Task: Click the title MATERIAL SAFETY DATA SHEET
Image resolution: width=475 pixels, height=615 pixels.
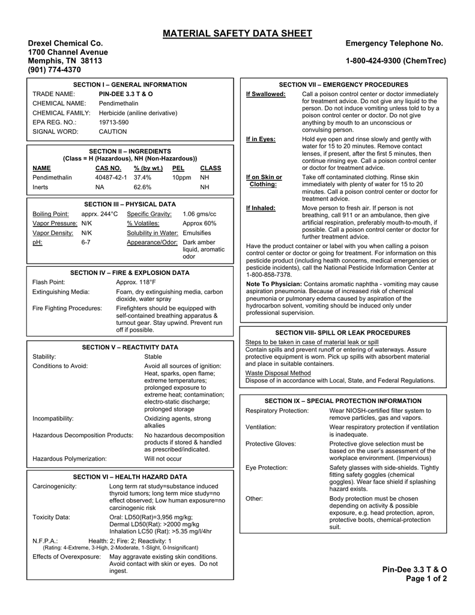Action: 237,34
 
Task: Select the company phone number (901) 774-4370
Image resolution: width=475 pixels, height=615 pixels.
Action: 55,70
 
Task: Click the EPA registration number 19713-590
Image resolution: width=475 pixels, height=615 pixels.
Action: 113,122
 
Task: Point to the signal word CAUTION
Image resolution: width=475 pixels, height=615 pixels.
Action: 113,132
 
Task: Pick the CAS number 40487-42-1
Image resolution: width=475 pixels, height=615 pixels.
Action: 111,178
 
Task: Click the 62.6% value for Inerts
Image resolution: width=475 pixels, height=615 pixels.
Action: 142,187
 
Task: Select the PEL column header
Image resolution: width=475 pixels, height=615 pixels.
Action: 178,168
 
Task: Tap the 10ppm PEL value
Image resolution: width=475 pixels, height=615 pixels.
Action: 181,178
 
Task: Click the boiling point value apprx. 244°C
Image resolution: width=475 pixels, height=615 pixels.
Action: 100,214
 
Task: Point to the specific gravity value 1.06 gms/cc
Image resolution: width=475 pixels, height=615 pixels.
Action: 199,214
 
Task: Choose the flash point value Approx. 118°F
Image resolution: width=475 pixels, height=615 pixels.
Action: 136,282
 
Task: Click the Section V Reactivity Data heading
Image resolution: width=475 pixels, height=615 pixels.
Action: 130,347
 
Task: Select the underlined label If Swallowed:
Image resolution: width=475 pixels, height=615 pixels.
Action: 266,94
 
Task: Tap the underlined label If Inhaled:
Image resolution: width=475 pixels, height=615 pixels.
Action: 261,208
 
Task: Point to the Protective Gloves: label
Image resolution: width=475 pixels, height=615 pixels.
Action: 271,444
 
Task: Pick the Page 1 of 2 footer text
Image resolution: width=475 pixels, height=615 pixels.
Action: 423,578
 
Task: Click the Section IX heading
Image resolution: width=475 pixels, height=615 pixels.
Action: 343,401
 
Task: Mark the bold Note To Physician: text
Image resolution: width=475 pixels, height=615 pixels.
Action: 274,284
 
